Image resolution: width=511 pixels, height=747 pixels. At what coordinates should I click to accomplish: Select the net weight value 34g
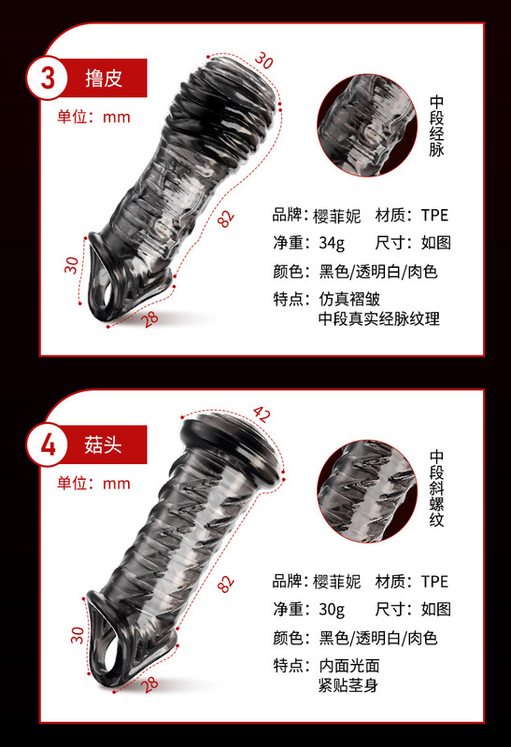(332, 244)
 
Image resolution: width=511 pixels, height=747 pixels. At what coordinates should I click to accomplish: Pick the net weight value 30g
(332, 610)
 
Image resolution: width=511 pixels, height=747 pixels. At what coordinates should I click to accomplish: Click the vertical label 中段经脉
(436, 130)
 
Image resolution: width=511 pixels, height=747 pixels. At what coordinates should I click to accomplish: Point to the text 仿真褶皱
(349, 300)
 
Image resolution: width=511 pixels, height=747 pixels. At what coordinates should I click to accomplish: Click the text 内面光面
(349, 666)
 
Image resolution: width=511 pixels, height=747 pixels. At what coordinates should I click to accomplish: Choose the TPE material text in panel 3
(434, 215)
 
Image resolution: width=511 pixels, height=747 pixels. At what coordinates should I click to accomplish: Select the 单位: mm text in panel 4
(93, 483)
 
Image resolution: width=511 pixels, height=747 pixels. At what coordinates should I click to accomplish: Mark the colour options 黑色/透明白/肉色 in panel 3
(378, 272)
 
